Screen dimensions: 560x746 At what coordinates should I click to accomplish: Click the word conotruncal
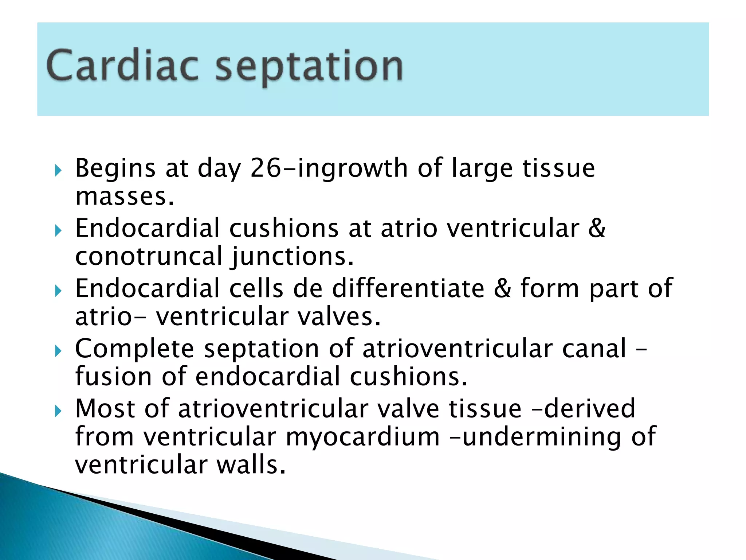149,256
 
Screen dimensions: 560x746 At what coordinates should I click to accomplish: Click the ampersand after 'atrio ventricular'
597,229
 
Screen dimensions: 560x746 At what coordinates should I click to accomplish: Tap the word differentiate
408,288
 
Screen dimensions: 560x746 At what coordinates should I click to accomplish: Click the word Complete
134,349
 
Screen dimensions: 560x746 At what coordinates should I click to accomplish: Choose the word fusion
113,377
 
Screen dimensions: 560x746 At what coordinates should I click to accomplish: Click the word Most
105,409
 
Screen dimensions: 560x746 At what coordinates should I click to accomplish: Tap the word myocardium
363,437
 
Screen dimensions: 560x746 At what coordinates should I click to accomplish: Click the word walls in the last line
251,465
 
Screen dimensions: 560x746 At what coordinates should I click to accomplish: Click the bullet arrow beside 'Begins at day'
58,170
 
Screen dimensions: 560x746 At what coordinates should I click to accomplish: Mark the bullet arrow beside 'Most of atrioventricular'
58,412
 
